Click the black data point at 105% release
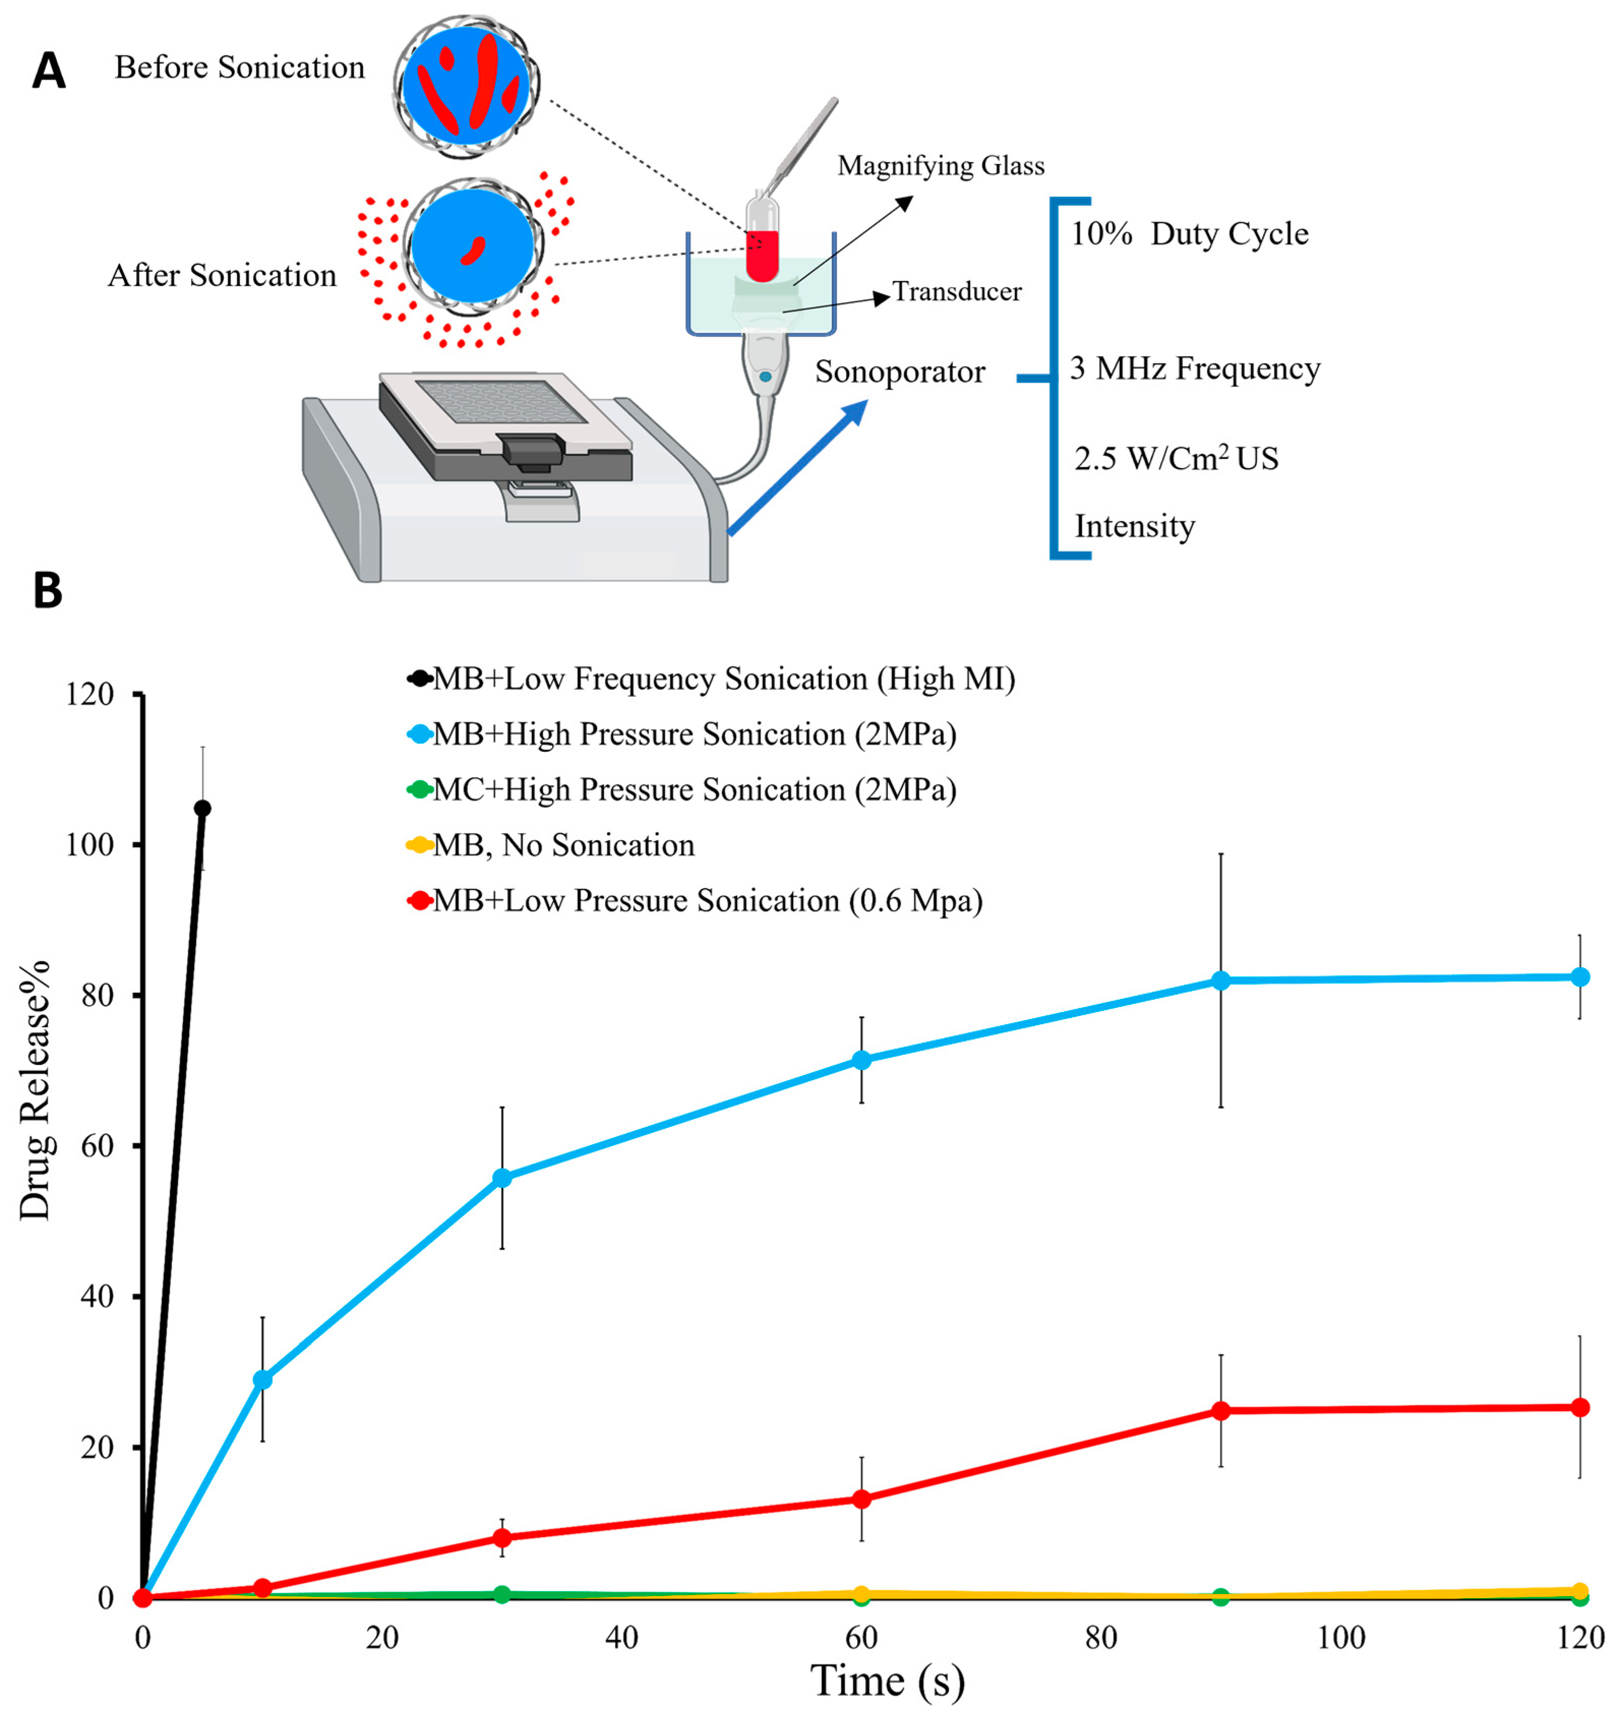pos(202,808)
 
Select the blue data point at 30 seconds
pos(501,1178)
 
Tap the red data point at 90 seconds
pos(1220,1411)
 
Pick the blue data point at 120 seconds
pos(1579,977)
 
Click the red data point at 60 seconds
pos(861,1499)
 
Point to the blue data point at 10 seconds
pos(263,1380)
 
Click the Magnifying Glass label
pos(940,165)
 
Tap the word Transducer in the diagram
pos(956,292)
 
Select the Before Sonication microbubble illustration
pos(467,86)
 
